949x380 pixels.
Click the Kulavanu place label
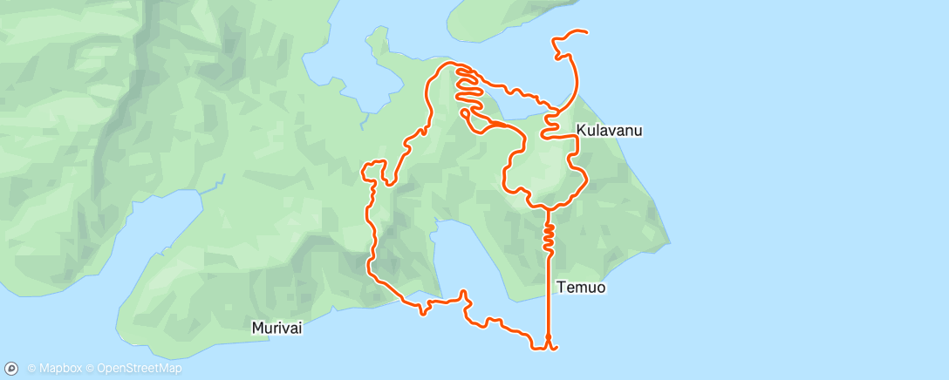point(609,131)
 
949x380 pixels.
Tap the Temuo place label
point(580,286)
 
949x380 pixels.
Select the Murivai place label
point(277,329)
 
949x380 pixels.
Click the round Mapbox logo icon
point(11,369)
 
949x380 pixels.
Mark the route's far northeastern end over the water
point(585,33)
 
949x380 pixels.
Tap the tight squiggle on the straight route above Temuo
point(549,233)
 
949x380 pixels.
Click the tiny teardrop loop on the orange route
point(465,112)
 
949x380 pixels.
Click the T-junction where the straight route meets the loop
point(548,208)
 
